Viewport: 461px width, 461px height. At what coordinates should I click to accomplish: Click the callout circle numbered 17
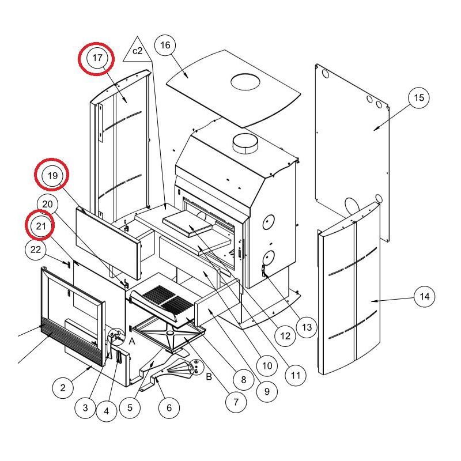coord(97,58)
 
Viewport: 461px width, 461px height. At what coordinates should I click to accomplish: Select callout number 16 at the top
coord(165,45)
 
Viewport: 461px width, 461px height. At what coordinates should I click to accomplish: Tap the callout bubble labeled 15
coord(419,98)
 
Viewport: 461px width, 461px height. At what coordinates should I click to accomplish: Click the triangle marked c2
coord(137,51)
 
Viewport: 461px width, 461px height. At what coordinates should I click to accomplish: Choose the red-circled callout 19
coord(52,176)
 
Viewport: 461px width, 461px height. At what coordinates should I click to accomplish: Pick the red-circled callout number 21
coord(41,226)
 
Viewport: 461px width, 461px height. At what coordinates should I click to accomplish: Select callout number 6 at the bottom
coord(169,408)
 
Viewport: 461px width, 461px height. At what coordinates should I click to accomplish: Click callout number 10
coord(266,365)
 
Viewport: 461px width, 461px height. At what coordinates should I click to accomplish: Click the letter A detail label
coord(131,341)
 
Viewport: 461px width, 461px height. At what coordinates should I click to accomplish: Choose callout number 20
coord(48,204)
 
